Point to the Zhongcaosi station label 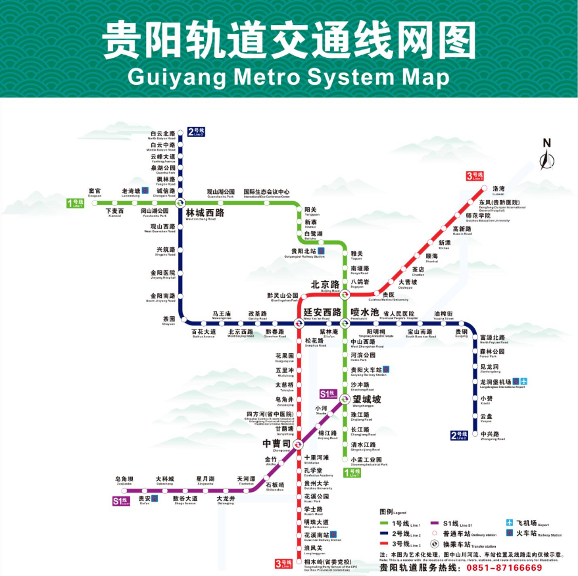click(x=276, y=444)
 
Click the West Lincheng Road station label click(x=205, y=214)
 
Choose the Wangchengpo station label click(x=367, y=399)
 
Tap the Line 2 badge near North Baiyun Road click(x=197, y=131)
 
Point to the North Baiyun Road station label click(x=162, y=135)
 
